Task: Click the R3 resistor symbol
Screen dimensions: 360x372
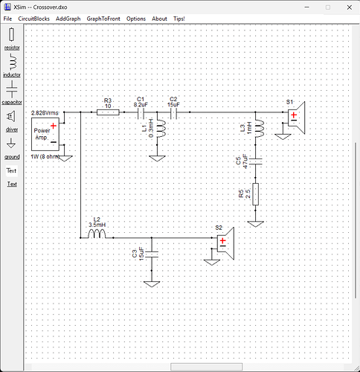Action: click(x=108, y=112)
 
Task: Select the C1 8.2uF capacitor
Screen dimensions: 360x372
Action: click(x=141, y=114)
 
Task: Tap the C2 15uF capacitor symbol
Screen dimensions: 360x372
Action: click(x=173, y=114)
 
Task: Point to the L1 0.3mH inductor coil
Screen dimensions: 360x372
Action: click(x=161, y=129)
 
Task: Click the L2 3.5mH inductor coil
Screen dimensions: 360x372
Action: click(x=97, y=234)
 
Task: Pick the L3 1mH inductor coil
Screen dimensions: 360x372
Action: click(x=259, y=129)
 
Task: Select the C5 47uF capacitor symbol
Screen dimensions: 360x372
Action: click(x=256, y=161)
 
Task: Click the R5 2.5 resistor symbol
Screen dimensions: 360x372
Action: click(x=256, y=194)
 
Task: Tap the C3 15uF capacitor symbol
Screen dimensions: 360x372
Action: click(x=152, y=254)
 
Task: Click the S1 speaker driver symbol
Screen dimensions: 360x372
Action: click(x=296, y=118)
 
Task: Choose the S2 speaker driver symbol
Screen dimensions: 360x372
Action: click(x=225, y=243)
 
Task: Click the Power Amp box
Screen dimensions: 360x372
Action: click(x=45, y=134)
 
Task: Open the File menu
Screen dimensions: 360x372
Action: click(x=7, y=19)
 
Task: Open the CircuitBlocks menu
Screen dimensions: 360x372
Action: click(x=33, y=19)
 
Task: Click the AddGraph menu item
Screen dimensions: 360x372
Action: click(x=68, y=19)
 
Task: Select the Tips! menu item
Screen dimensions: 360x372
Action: click(x=179, y=19)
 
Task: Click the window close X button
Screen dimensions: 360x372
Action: click(x=350, y=7)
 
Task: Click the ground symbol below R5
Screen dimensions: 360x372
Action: click(x=256, y=224)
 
